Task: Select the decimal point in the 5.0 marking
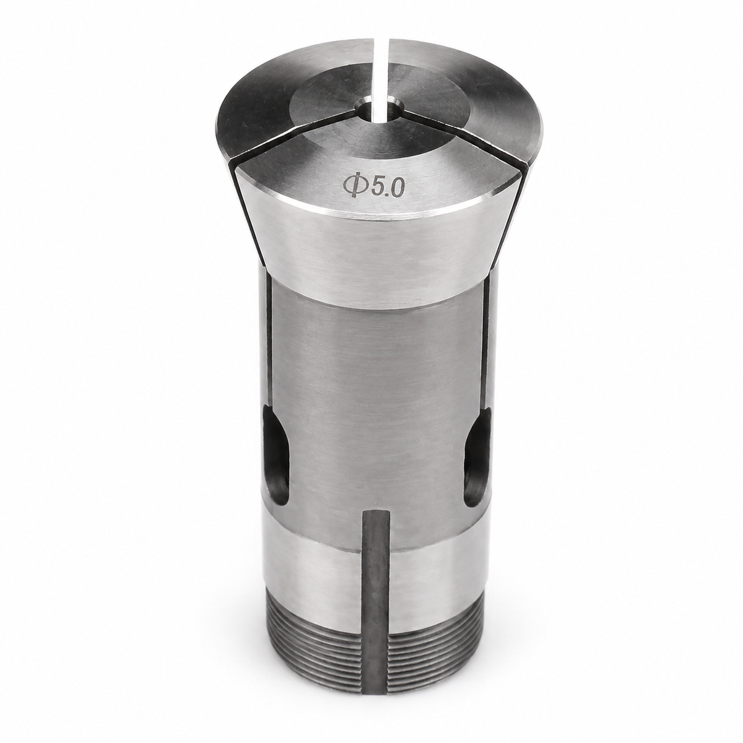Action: click(387, 194)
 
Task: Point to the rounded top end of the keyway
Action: click(378, 513)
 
